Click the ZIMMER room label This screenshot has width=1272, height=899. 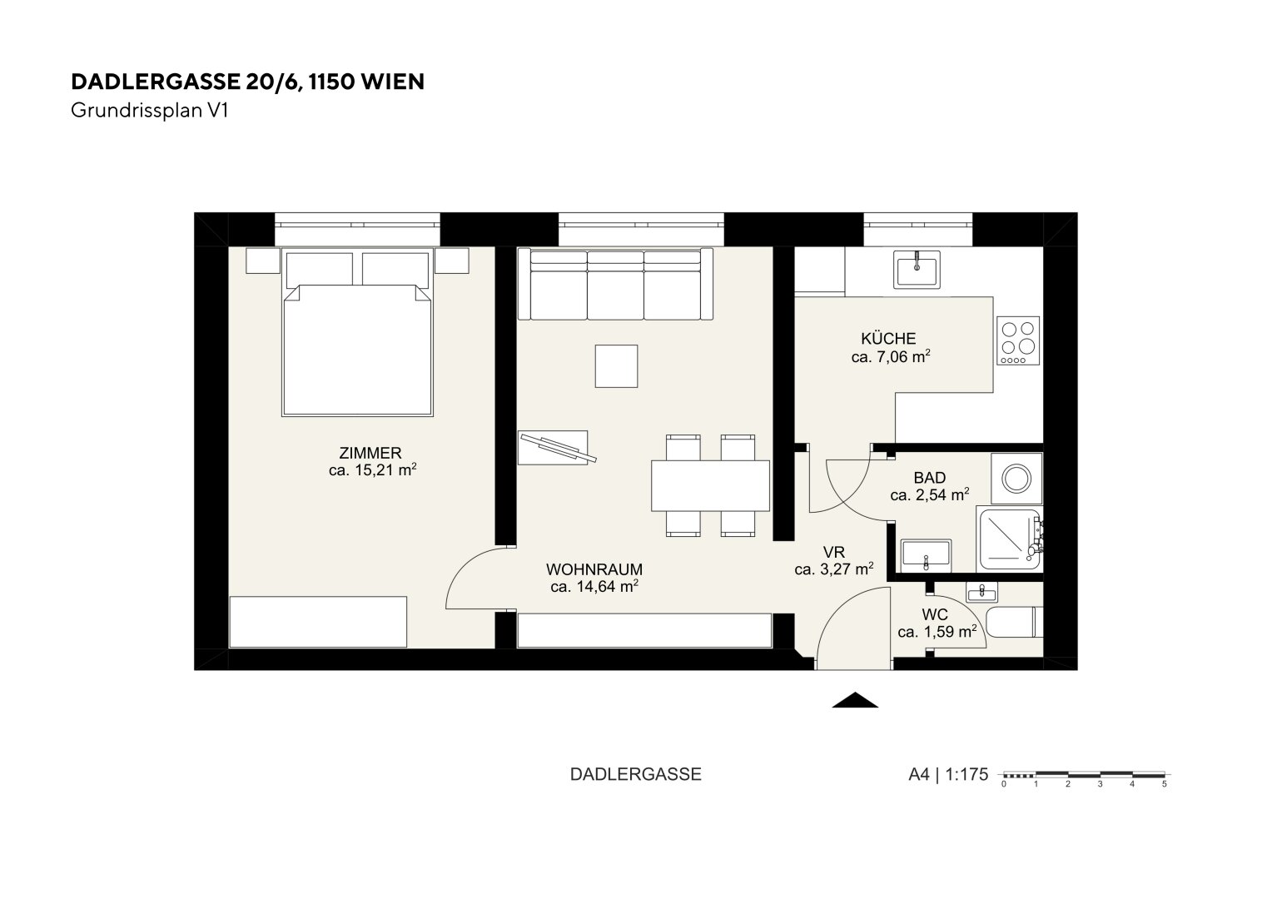point(370,453)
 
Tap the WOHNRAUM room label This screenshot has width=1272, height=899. point(594,569)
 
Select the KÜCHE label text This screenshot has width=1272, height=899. point(889,339)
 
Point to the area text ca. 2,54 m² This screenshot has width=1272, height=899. point(930,494)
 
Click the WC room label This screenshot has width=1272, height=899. point(935,614)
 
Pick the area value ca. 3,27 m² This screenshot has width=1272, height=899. point(833,569)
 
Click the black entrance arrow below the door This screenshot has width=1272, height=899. point(855,700)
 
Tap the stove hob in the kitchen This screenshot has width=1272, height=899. point(1018,340)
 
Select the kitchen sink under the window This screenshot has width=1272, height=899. point(917,270)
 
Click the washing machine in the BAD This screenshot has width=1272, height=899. point(1016,478)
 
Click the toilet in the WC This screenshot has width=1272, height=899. point(1014,623)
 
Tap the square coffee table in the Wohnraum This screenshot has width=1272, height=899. point(616,366)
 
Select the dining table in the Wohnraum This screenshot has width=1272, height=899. point(710,485)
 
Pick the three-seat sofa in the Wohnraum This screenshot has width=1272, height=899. point(615,284)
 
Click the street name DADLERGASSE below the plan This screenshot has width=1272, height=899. point(635,775)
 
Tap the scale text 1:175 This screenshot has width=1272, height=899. point(966,775)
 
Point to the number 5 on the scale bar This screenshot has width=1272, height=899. point(1164,784)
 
